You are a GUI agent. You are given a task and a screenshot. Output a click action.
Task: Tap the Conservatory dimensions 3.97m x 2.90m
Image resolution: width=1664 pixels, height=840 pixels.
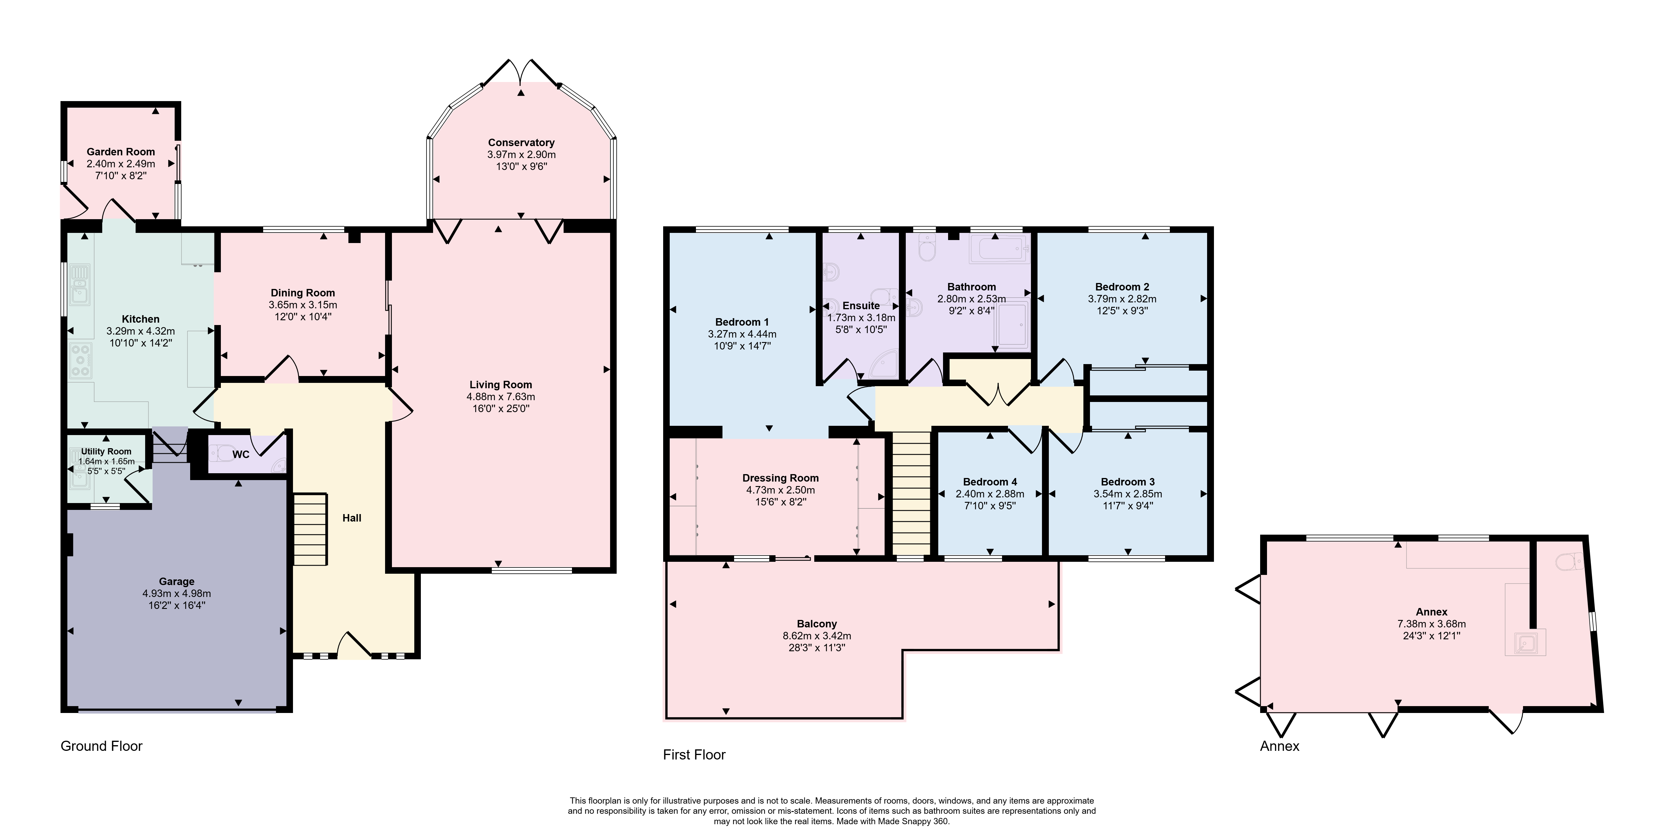(x=521, y=154)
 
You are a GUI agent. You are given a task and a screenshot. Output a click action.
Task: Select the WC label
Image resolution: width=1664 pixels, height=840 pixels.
(x=241, y=454)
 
